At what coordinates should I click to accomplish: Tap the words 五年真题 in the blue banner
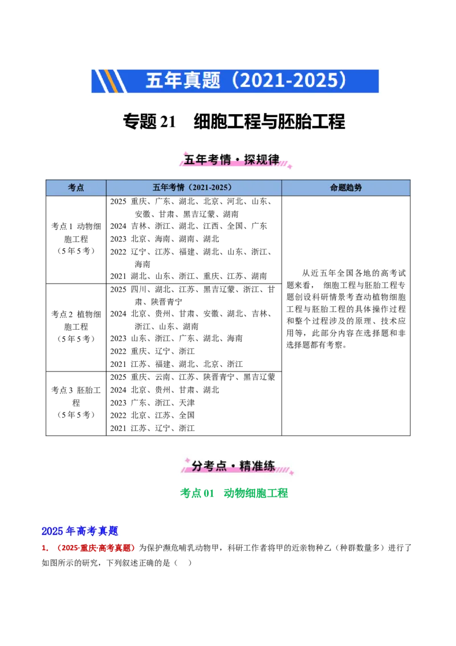pos(182,80)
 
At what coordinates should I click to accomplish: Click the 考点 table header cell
pos(76,188)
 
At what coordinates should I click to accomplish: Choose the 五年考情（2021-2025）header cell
pos(193,188)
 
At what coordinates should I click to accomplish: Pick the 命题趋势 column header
pos(345,188)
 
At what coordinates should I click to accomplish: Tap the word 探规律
pos(262,160)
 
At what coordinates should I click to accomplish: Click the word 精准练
pos(257,466)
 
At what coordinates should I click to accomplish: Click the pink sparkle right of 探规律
pos(289,166)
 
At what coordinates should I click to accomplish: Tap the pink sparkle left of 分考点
pos(186,459)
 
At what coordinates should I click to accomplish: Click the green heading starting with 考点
pos(234,494)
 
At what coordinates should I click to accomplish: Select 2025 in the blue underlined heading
pos(52,531)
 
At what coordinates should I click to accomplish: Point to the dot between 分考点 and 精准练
pos(231,467)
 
